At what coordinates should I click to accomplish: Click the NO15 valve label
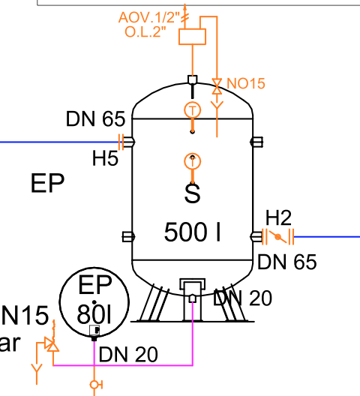pyautogui.click(x=246, y=83)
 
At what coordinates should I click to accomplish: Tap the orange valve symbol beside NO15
pyautogui.click(x=217, y=86)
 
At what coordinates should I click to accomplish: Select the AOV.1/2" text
pyautogui.click(x=149, y=18)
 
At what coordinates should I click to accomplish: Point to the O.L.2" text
pyautogui.click(x=145, y=32)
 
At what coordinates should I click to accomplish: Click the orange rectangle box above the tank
pyautogui.click(x=192, y=37)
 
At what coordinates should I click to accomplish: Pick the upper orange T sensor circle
pyautogui.click(x=193, y=110)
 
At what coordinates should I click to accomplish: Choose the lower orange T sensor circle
pyautogui.click(x=193, y=161)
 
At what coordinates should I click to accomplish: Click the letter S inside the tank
pyautogui.click(x=193, y=193)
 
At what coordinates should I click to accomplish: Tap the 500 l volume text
pyautogui.click(x=192, y=232)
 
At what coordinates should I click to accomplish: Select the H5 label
pyautogui.click(x=105, y=158)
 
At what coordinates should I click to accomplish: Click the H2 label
pyautogui.click(x=278, y=217)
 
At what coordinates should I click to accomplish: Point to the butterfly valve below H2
pyautogui.click(x=278, y=237)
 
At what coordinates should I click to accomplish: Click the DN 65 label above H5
pyautogui.click(x=95, y=118)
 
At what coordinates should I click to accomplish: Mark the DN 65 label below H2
pyautogui.click(x=287, y=262)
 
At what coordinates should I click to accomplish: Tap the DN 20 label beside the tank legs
pyautogui.click(x=242, y=298)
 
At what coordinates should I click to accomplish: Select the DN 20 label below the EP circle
pyautogui.click(x=128, y=355)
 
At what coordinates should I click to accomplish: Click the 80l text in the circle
pyautogui.click(x=94, y=314)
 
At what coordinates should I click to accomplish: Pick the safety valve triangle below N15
pyautogui.click(x=52, y=344)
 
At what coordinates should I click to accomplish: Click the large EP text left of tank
pyautogui.click(x=47, y=183)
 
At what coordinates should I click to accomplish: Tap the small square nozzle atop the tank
pyautogui.click(x=193, y=79)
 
